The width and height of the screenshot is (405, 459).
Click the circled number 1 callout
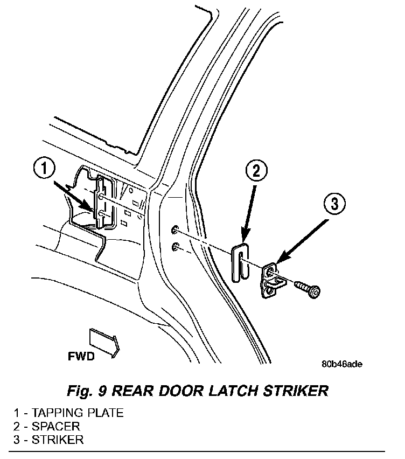(x=44, y=169)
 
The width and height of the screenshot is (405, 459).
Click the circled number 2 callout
(x=256, y=171)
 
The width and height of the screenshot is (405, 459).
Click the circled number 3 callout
(x=334, y=204)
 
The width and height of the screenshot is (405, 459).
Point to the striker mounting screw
(x=308, y=289)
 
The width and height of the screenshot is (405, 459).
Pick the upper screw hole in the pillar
(x=174, y=230)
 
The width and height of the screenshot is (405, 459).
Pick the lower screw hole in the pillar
(x=175, y=247)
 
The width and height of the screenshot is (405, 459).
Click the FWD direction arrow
(x=104, y=342)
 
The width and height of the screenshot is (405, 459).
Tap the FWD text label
(x=81, y=356)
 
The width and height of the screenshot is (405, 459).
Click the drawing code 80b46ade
(x=342, y=364)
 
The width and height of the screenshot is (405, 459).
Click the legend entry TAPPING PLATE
(x=69, y=413)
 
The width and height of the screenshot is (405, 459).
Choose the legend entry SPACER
(x=47, y=426)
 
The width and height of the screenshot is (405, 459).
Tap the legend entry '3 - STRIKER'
(x=48, y=440)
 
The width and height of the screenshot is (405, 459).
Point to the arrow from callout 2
(x=249, y=214)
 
